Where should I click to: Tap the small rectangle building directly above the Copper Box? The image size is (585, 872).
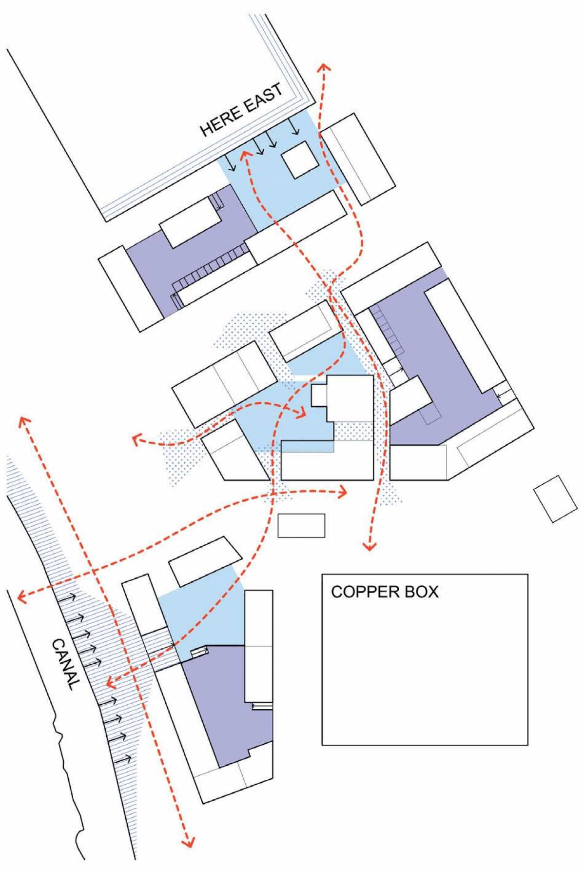(301, 525)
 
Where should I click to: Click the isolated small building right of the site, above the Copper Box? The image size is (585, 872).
(556, 499)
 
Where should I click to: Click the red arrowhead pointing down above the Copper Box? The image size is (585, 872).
(370, 545)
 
